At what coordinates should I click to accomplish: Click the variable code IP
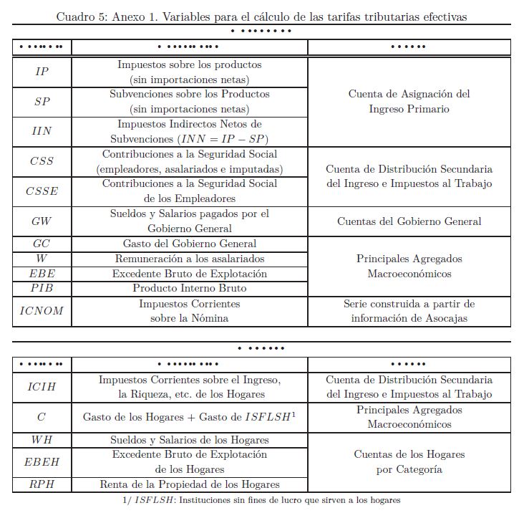coord(42,72)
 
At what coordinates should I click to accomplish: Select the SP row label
coord(42,102)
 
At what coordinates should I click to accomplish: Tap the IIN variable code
coord(42,132)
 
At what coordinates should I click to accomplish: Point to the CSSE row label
coord(42,191)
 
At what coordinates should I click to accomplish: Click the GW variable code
coord(42,221)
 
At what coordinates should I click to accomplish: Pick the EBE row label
coord(42,274)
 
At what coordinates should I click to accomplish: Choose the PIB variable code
coord(42,288)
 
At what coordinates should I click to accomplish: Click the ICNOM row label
coord(42,311)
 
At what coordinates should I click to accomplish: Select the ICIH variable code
coord(42,387)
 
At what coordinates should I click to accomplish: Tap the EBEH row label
coord(42,462)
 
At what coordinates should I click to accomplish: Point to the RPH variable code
coord(42,485)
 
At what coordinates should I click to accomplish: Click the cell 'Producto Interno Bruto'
coord(189,288)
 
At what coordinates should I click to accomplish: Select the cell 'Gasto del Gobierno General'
coord(189,244)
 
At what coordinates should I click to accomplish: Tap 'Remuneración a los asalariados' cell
coord(189,259)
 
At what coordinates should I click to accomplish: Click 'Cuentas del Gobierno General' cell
coord(409,221)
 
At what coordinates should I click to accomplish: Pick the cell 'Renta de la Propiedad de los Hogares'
coord(189,485)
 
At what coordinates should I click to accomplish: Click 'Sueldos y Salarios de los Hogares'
coord(189,440)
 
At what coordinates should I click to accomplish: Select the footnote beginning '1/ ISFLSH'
coord(261,500)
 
